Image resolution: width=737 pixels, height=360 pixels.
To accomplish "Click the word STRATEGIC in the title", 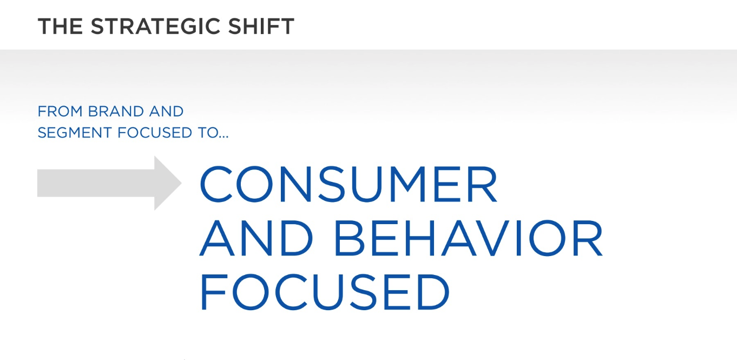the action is click(x=155, y=27).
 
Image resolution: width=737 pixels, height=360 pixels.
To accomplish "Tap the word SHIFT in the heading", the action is click(x=261, y=27).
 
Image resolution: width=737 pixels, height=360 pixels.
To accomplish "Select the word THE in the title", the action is click(x=60, y=27).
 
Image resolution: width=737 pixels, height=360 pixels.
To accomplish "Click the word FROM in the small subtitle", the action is click(x=60, y=112).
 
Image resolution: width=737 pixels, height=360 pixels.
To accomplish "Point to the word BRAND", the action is click(x=116, y=112).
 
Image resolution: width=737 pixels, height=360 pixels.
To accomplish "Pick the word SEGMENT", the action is click(x=75, y=133).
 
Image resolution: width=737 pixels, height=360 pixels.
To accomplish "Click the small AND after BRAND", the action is click(x=166, y=112).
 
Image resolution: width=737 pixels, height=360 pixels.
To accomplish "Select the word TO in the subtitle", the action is click(x=208, y=133).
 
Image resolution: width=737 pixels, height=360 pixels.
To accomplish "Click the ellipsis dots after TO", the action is click(x=223, y=137).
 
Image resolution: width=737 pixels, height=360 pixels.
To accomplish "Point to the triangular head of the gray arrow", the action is click(x=168, y=183).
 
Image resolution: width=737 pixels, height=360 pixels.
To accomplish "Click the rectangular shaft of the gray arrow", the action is click(x=96, y=183).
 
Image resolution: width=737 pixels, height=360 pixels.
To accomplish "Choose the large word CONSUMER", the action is click(x=348, y=184).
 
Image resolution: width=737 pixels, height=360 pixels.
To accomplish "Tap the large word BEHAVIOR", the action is click(x=469, y=238).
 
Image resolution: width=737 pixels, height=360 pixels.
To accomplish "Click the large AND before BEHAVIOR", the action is click(x=256, y=238).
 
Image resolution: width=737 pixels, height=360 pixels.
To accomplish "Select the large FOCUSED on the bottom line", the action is click(x=325, y=292).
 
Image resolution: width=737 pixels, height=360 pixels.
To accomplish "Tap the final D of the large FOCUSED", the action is click(x=433, y=292).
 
